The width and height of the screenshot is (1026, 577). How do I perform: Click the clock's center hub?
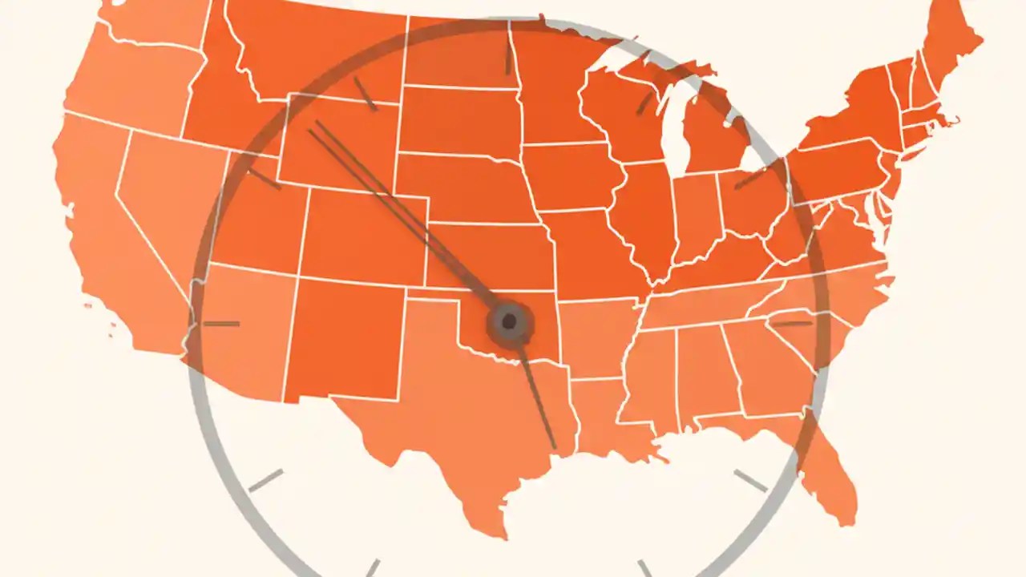(x=509, y=323)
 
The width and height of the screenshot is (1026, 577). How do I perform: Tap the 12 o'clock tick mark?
(x=507, y=58)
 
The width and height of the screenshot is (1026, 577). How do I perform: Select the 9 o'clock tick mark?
(x=221, y=324)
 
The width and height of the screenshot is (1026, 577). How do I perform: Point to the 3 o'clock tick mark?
(x=792, y=324)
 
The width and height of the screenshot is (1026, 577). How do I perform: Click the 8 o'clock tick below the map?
(x=265, y=480)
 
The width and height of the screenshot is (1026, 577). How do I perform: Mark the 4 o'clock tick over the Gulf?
(x=750, y=481)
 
